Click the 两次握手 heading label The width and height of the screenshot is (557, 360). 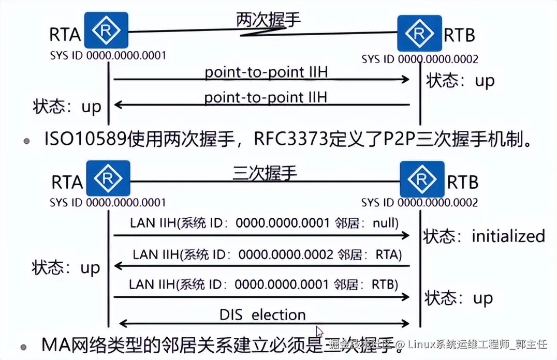pos(268,20)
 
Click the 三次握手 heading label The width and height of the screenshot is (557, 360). pos(265,172)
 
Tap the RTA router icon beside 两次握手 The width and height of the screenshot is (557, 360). pos(107,31)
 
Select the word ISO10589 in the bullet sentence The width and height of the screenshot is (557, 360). pos(80,140)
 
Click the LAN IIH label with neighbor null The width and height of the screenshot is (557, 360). pos(263,223)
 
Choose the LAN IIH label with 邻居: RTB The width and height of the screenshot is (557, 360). pos(263,284)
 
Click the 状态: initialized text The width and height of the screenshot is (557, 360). pos(484,236)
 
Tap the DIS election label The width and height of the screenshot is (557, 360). pos(262,314)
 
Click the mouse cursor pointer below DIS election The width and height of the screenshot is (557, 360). pos(319,331)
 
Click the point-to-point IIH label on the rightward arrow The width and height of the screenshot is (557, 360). pos(266,72)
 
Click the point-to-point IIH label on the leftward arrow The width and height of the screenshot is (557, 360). pos(266,97)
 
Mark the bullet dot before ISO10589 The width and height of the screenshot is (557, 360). pos(25,141)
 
